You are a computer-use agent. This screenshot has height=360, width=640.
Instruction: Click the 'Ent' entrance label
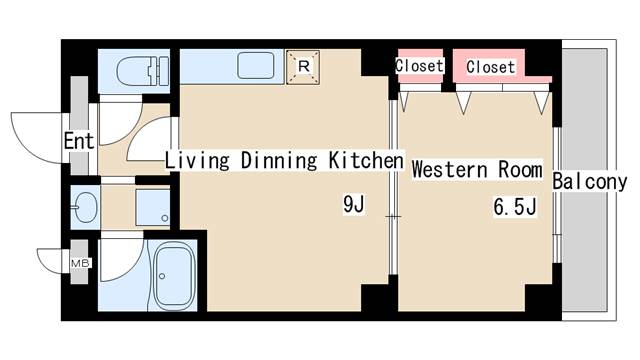click(x=79, y=141)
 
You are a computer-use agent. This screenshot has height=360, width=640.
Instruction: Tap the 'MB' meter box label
click(x=80, y=263)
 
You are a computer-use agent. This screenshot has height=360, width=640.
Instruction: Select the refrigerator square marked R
click(x=303, y=67)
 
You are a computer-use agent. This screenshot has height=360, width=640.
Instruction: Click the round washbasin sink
click(x=85, y=207)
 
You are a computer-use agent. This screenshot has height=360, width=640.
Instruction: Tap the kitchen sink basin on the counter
click(x=256, y=65)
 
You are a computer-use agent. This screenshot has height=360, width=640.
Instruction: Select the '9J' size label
click(x=353, y=204)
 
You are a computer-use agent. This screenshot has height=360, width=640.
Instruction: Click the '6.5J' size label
click(x=515, y=206)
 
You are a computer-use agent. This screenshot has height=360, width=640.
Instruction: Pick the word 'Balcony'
click(x=590, y=182)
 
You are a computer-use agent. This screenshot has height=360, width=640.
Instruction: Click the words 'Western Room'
click(x=477, y=169)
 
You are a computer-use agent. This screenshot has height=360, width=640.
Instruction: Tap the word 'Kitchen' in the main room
click(x=366, y=160)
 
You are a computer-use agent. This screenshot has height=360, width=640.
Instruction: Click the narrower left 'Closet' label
click(x=419, y=66)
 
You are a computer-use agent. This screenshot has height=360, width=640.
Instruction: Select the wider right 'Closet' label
click(x=491, y=67)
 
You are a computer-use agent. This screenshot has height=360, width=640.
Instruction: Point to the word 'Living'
click(x=197, y=160)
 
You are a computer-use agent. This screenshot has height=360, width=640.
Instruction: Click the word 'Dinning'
click(x=279, y=160)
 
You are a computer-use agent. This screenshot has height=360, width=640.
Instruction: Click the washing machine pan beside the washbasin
click(x=153, y=207)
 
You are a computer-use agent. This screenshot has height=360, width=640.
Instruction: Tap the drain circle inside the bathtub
click(x=162, y=276)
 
